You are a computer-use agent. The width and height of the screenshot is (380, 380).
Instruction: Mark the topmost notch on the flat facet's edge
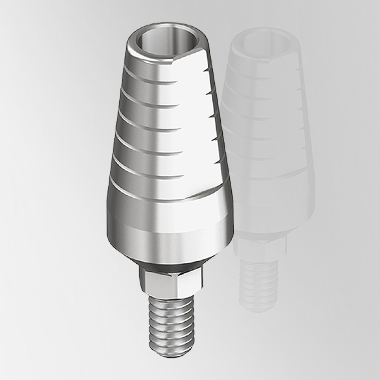[x=206, y=70]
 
